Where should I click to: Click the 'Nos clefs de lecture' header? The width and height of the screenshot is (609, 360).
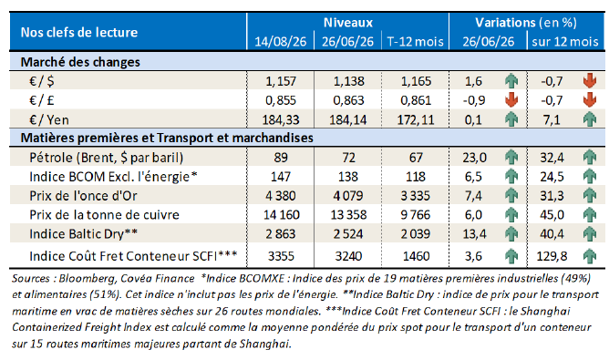[78, 32]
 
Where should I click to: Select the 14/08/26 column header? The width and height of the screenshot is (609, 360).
[281, 42]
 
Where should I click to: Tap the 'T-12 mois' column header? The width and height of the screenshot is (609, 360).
[415, 42]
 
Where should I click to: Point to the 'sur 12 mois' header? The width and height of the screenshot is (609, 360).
[565, 42]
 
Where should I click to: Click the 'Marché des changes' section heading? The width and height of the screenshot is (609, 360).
[80, 62]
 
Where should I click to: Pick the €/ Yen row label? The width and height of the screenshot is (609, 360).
[49, 119]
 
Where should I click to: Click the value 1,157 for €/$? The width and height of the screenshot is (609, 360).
[281, 81]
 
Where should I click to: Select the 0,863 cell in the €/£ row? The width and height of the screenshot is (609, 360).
[348, 100]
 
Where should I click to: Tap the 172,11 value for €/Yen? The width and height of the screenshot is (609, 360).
[416, 119]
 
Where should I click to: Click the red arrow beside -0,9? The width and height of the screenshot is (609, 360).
[511, 100]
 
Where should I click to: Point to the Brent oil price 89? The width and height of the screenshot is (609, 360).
[281, 158]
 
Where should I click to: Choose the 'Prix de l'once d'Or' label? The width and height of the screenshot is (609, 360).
[84, 196]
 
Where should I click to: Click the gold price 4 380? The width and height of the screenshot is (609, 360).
[281, 196]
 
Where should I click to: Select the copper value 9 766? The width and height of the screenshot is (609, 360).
[416, 215]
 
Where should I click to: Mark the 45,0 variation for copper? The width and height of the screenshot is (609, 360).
[552, 215]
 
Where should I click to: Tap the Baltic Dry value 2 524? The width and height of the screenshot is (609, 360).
[348, 234]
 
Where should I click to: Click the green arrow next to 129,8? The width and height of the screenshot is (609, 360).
[590, 256]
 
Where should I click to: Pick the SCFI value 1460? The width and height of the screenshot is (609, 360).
[416, 256]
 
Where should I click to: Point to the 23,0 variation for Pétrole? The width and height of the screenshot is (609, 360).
[474, 158]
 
